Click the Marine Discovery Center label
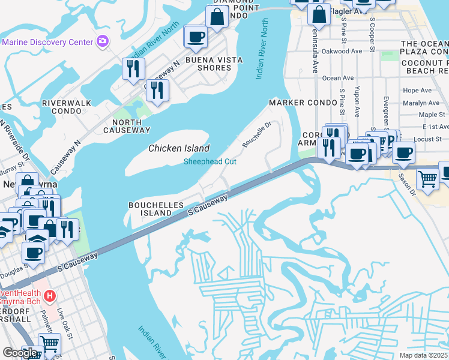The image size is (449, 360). point(47,42)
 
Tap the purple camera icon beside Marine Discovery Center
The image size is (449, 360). point(103,41)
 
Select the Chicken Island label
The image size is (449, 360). point(179,148)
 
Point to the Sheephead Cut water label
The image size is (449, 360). point(209,161)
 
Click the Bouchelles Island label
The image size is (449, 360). point(155,209)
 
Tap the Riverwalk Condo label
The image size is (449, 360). point(67,107)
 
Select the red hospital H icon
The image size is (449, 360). point(50,296)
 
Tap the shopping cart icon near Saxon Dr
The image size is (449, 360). point(427,178)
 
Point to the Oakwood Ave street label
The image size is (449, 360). point(342,51)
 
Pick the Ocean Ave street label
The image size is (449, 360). point(338,78)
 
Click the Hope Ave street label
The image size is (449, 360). point(418,91)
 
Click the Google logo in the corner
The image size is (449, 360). point(20,352)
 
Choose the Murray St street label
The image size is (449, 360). point(16,167)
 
